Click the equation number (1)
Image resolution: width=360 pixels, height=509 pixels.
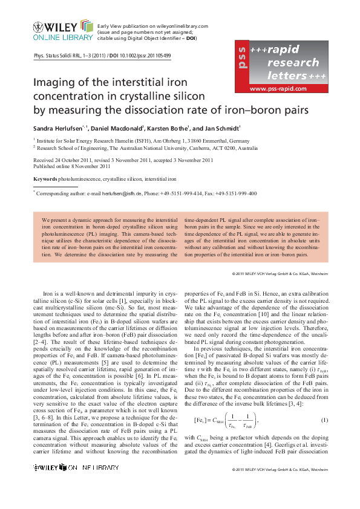pyautogui.click(x=324, y=403)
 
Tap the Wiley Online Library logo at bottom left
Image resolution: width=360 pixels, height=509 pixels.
pyautogui.click(x=62, y=484)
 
